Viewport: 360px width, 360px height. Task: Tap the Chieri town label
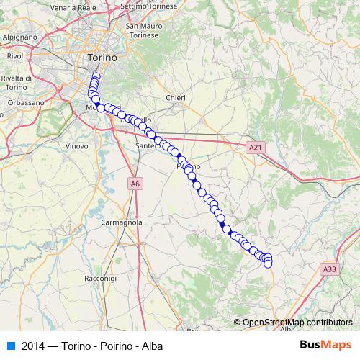click(x=175, y=98)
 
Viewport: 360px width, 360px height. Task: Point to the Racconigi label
click(x=100, y=277)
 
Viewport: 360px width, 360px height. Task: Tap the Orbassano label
click(x=26, y=103)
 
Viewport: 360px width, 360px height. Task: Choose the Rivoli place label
click(x=16, y=55)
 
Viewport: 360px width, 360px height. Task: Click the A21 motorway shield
click(x=253, y=147)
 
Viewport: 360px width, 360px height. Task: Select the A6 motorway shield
click(x=135, y=185)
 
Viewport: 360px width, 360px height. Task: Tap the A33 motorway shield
click(x=329, y=269)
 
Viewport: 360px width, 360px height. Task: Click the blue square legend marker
click(x=10, y=345)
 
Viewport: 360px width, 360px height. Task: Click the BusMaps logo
click(x=325, y=345)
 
